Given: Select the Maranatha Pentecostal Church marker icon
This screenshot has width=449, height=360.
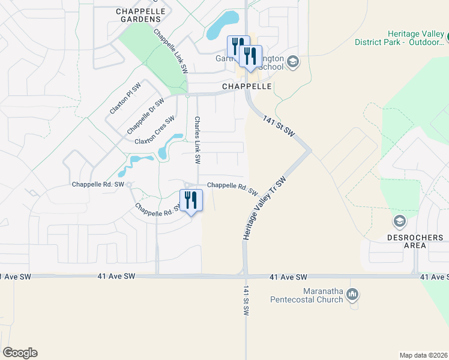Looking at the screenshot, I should pos(353,294).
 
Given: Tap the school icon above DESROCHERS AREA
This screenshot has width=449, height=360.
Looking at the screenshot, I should pos(399,223).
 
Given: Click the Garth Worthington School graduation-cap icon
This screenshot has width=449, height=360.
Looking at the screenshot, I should pos(292,62).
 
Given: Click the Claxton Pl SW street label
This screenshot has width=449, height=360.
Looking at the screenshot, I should pos(125,100).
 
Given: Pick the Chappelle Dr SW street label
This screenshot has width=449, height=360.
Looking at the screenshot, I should pos(145,116).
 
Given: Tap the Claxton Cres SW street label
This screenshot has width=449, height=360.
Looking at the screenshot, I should pos(154,133).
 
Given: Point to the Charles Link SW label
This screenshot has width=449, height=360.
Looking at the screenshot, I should pos(196,140).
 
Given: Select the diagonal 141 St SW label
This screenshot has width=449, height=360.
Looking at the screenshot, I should pos(279,125).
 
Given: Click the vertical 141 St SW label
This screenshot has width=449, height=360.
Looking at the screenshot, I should pos(246,301).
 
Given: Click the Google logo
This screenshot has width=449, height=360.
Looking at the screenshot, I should pos(19,353).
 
